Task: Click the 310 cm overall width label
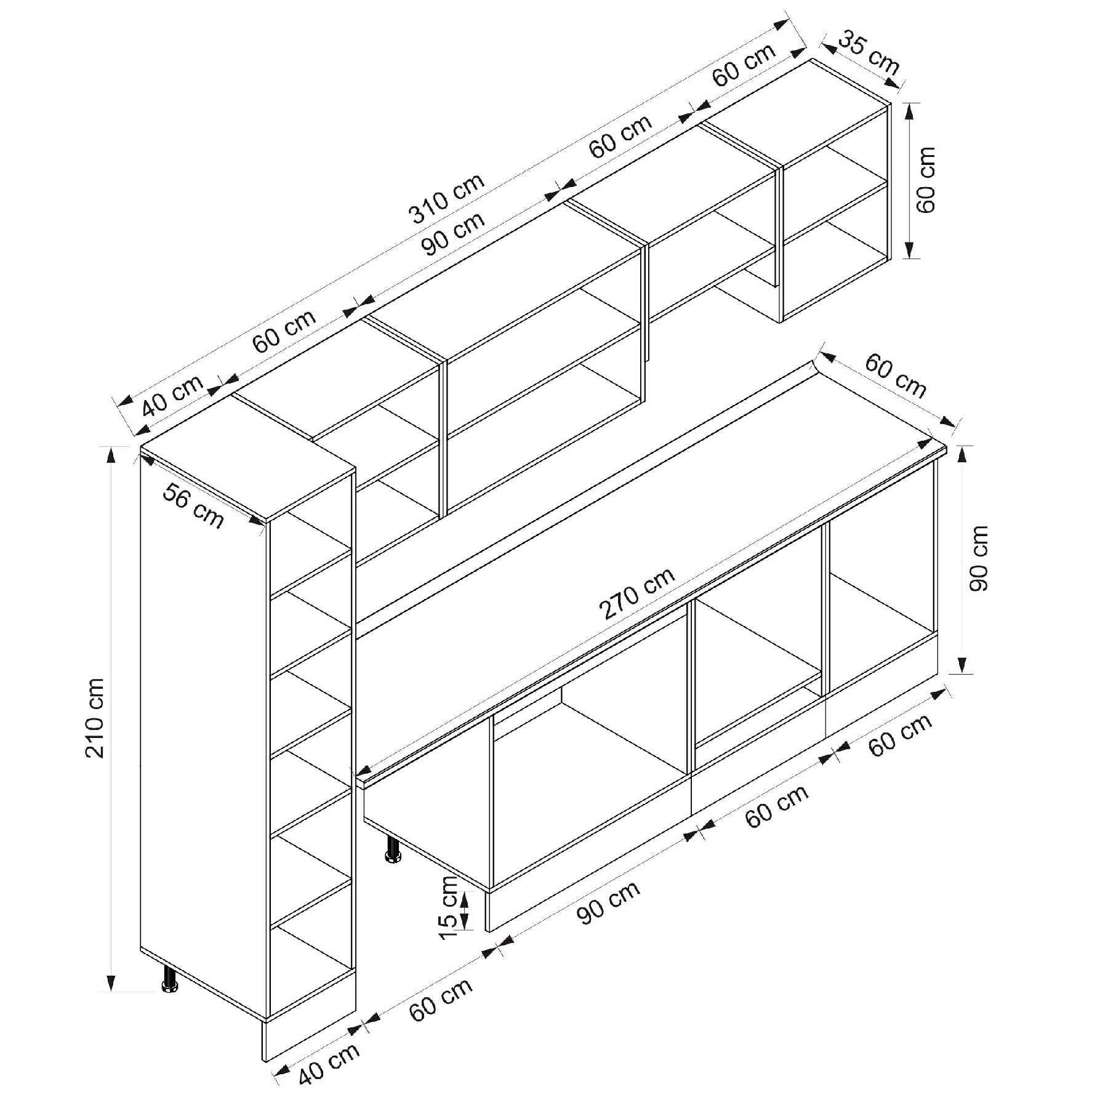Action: point(448,198)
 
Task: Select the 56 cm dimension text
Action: point(193,505)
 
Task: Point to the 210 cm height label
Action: point(95,717)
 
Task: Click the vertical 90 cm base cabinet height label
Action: point(978,558)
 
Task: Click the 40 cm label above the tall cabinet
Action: point(173,396)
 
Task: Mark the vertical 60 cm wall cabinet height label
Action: point(925,180)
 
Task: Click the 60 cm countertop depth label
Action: point(896,376)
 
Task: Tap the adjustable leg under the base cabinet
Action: point(392,849)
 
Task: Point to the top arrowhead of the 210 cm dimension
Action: point(111,454)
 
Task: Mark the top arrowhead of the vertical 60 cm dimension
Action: point(910,111)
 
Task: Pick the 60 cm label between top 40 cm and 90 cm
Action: point(285,331)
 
